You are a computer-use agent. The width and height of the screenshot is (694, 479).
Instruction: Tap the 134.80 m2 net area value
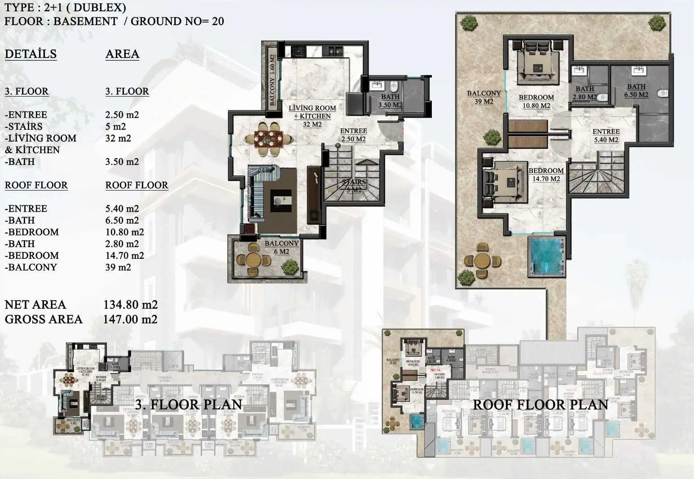pos(130,305)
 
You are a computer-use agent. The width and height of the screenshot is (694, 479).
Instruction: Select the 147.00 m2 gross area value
pos(130,319)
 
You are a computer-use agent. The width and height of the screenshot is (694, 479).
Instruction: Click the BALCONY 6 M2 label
pos(281,248)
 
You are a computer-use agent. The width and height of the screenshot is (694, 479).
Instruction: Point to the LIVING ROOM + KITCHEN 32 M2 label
pos(312,116)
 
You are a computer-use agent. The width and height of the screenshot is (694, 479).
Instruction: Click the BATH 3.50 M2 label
pos(390,101)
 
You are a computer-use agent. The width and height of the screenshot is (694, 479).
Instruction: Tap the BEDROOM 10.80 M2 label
pos(536,102)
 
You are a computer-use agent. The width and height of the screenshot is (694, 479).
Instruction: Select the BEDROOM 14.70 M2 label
pos(546,175)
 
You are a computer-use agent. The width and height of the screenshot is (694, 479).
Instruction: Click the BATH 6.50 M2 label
pos(636,91)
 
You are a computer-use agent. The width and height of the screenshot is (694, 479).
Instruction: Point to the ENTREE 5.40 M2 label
pos(606,136)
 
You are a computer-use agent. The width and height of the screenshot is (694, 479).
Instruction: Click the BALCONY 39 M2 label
pos(483,97)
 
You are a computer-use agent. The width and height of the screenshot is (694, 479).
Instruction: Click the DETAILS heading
pos(31,54)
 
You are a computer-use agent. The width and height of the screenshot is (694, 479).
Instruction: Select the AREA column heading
pos(122,54)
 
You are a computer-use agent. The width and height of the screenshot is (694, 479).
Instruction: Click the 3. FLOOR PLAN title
pos(189,404)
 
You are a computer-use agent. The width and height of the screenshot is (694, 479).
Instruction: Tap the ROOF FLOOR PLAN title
pos(540,404)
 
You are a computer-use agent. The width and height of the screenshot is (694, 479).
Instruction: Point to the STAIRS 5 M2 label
pos(354,186)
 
